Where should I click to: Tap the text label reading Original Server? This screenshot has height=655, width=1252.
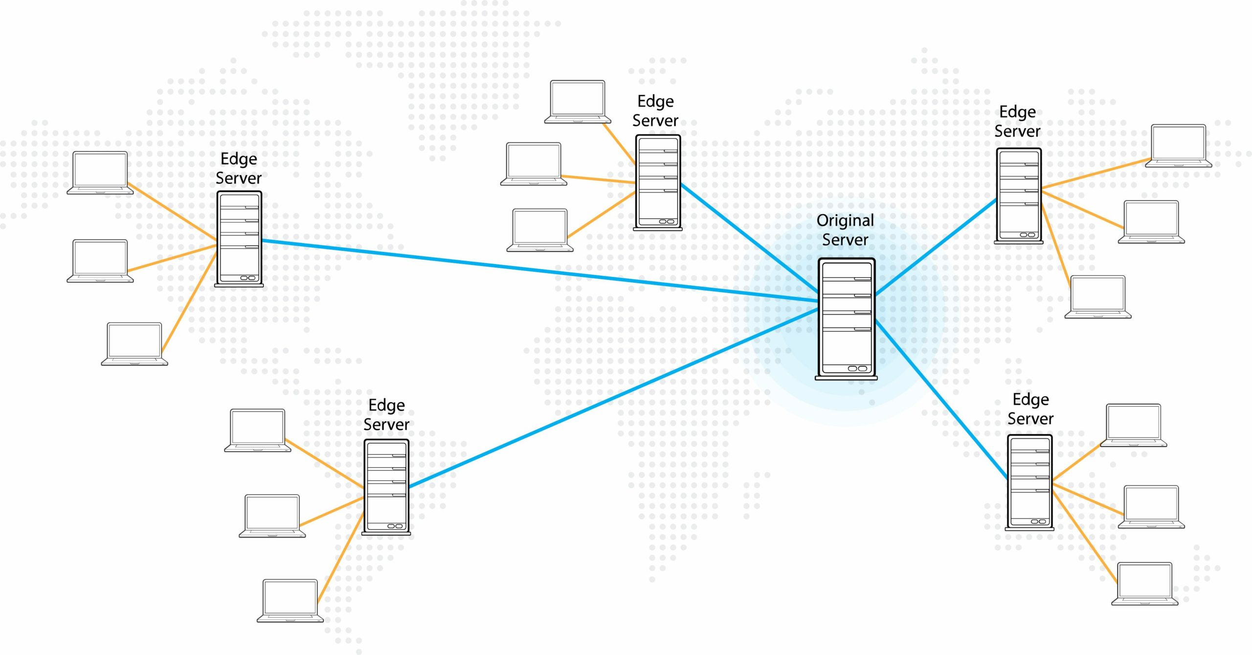[845, 230]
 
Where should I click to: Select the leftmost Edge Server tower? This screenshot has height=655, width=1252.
[239, 238]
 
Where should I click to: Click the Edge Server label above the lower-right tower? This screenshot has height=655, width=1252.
[1030, 409]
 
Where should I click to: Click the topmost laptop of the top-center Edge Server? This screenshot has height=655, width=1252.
[578, 101]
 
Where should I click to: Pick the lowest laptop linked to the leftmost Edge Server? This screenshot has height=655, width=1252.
[134, 343]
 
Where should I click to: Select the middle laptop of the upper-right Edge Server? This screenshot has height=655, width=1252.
[1151, 221]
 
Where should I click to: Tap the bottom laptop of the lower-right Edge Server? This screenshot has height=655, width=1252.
[1144, 583]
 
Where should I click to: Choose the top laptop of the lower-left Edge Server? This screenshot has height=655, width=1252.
[258, 430]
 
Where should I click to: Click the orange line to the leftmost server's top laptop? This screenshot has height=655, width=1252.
[171, 213]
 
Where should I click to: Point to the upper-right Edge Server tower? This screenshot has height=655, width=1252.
[1019, 195]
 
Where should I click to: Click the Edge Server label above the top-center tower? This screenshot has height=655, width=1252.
[655, 111]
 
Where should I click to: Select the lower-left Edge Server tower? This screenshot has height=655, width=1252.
[386, 487]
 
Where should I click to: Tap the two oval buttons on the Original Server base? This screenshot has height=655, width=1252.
[857, 368]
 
